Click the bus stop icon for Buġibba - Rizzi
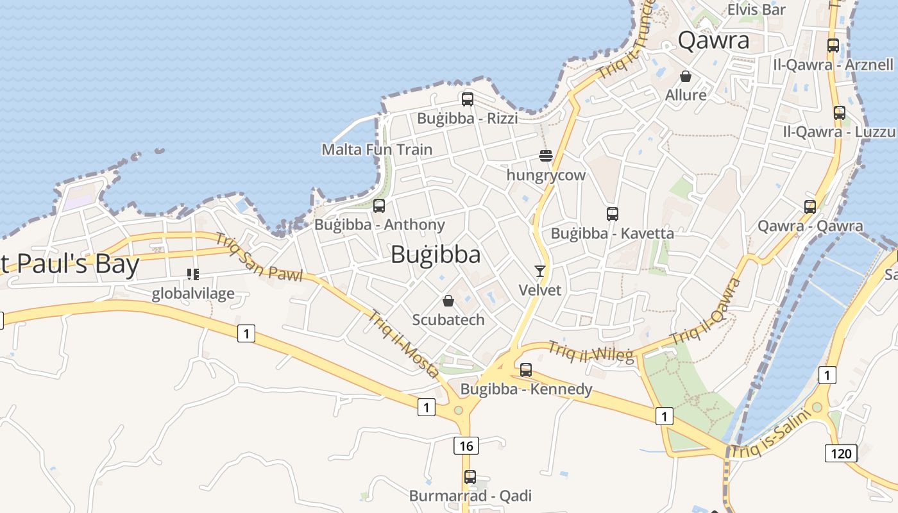tap(468, 99)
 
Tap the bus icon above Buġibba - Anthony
tap(379, 206)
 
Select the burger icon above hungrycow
tap(546, 155)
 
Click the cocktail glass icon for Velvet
tap(540, 271)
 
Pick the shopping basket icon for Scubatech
tap(448, 301)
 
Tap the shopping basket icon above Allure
tap(686, 76)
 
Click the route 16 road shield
tap(466, 445)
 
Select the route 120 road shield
tap(841, 454)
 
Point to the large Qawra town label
tap(713, 40)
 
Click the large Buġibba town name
tap(436, 255)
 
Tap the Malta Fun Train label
tap(377, 149)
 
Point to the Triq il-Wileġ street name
tap(590, 352)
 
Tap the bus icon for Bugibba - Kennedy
tap(526, 369)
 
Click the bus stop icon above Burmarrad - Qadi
tap(470, 477)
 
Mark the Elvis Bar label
tap(756, 10)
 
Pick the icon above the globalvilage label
tap(192, 274)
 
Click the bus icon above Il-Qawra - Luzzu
tap(840, 113)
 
